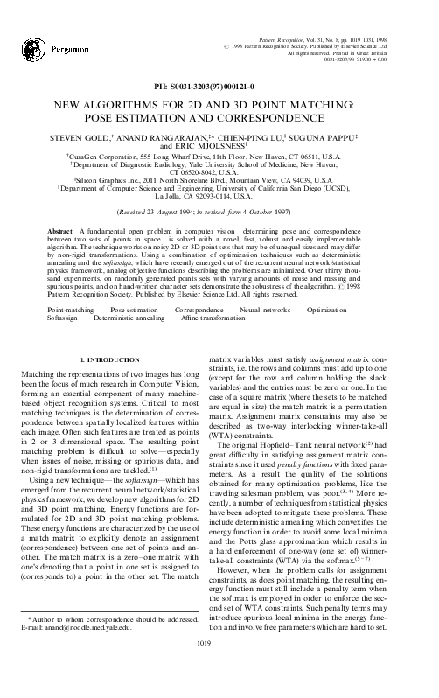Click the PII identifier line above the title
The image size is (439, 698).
pos(219,87)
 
